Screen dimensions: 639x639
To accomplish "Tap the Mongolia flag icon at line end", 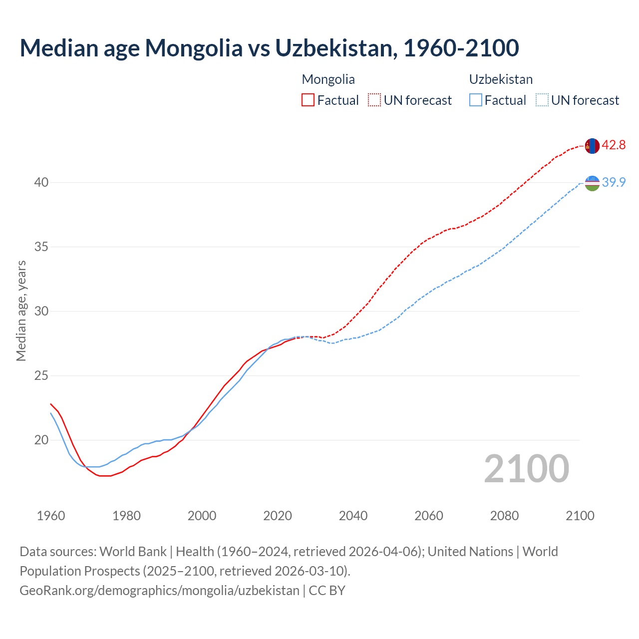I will tap(592, 146).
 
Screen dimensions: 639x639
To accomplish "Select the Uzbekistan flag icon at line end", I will tap(592, 183).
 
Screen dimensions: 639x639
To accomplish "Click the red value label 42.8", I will tap(614, 145).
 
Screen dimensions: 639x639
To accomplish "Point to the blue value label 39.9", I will tap(614, 183).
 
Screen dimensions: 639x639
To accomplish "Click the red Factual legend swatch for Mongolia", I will tap(308, 100).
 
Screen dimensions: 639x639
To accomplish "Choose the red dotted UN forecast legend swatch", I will tap(374, 100).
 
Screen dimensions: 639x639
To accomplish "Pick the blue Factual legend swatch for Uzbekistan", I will tap(476, 100).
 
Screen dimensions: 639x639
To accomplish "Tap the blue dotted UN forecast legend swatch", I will tap(542, 100).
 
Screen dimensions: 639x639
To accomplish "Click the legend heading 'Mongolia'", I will tap(328, 79).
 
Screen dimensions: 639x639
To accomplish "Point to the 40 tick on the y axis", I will tap(41, 183).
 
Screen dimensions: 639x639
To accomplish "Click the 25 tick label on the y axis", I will tap(41, 376).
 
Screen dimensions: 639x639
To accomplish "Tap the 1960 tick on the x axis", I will tap(51, 516).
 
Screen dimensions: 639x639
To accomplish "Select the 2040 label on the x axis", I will tap(353, 516).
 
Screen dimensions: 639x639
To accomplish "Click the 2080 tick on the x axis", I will tap(504, 516).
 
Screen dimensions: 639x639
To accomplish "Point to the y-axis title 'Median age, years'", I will tap(21, 311).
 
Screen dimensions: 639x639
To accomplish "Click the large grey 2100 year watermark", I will tap(526, 468).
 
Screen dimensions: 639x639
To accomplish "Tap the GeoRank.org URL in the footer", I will tap(159, 591).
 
